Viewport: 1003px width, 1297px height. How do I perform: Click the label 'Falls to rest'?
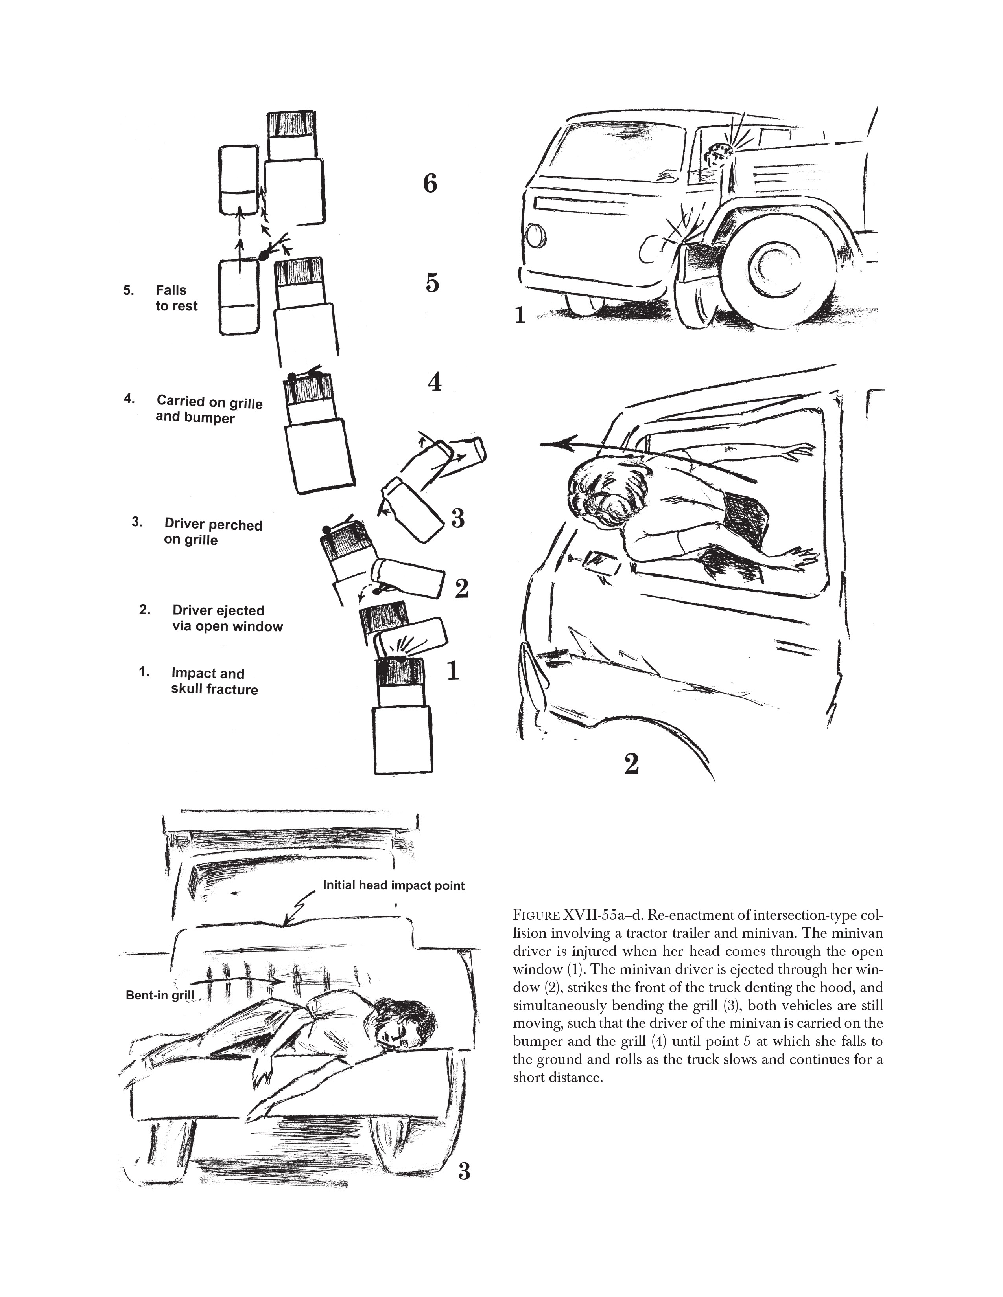click(x=176, y=298)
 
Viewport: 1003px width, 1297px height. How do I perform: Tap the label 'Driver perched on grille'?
click(x=212, y=532)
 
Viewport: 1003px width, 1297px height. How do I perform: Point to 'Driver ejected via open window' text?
click(x=227, y=618)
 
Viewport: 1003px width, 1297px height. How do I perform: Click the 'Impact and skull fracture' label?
click(x=214, y=681)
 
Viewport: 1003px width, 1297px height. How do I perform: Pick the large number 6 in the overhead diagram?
click(x=430, y=184)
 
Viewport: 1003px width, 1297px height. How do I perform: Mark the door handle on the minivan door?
click(x=601, y=560)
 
